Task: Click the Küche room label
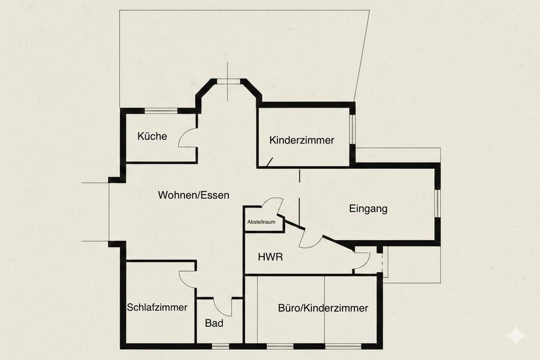tap(152, 136)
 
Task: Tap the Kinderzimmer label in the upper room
tap(301, 140)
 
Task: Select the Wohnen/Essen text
tap(193, 195)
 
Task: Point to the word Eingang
tap(368, 209)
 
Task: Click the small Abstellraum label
tap(262, 222)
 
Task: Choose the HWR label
tap(270, 257)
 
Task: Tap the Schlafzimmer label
tap(157, 307)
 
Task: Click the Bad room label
tap(214, 323)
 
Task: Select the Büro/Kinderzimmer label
tap(323, 308)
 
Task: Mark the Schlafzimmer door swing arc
tap(186, 279)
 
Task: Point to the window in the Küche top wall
tap(161, 111)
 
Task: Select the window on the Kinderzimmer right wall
tap(352, 129)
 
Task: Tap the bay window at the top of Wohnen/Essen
tap(228, 81)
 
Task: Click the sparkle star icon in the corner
tap(515, 336)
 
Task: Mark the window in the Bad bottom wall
tap(220, 345)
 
